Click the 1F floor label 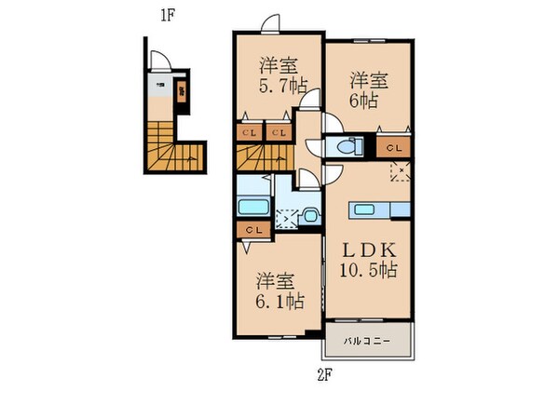click(x=166, y=16)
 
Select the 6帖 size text click(x=366, y=98)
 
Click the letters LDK click(x=369, y=249)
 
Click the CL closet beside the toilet click(x=393, y=146)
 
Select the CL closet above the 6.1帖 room click(x=252, y=228)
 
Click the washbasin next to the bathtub click(x=310, y=216)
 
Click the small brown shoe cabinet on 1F click(x=182, y=91)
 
